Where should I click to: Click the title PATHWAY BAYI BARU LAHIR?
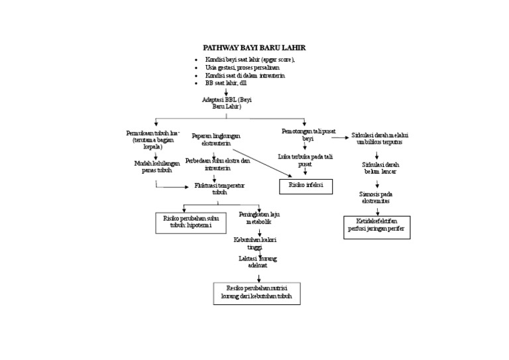(254, 48)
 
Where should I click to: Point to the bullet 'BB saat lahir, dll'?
(225, 84)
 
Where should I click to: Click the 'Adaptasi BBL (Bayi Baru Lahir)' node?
(227, 103)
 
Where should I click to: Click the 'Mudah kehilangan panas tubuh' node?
(156, 166)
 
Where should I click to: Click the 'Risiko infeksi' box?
(306, 186)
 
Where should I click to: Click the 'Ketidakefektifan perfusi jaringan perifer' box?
(376, 227)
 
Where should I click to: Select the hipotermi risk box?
(191, 223)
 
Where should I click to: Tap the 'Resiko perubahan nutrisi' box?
(256, 293)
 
